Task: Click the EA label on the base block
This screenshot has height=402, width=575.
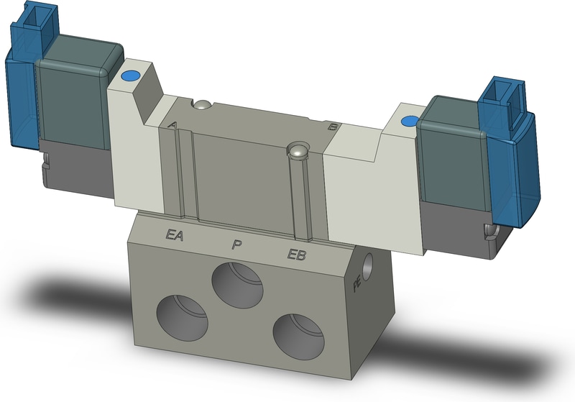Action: (x=175, y=234)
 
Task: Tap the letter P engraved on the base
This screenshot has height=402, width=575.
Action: (x=236, y=245)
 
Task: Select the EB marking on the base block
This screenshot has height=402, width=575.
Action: (x=298, y=254)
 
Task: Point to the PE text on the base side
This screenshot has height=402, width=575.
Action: (x=357, y=285)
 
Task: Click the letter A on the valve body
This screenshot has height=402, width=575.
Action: (x=172, y=124)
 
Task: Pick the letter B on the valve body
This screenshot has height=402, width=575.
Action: (x=332, y=127)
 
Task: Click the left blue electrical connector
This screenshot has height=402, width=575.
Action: (x=22, y=86)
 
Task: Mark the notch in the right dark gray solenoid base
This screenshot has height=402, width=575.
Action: (x=492, y=230)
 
